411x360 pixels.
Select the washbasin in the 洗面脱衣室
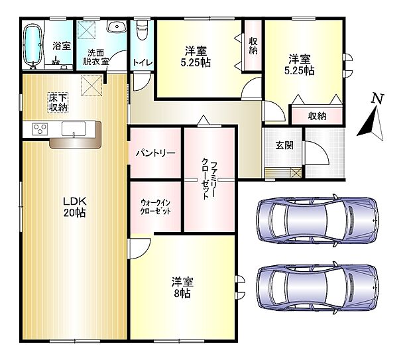(117, 29)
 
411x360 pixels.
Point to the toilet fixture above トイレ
(141, 32)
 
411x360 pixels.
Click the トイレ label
(142, 63)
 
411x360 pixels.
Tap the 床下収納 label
(58, 102)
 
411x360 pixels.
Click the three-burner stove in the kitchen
(37, 129)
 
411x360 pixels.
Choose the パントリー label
(156, 152)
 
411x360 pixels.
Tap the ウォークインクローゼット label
(156, 206)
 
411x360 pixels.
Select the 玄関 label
(284, 146)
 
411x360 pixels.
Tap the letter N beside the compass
(377, 99)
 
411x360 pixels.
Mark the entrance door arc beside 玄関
(317, 156)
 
